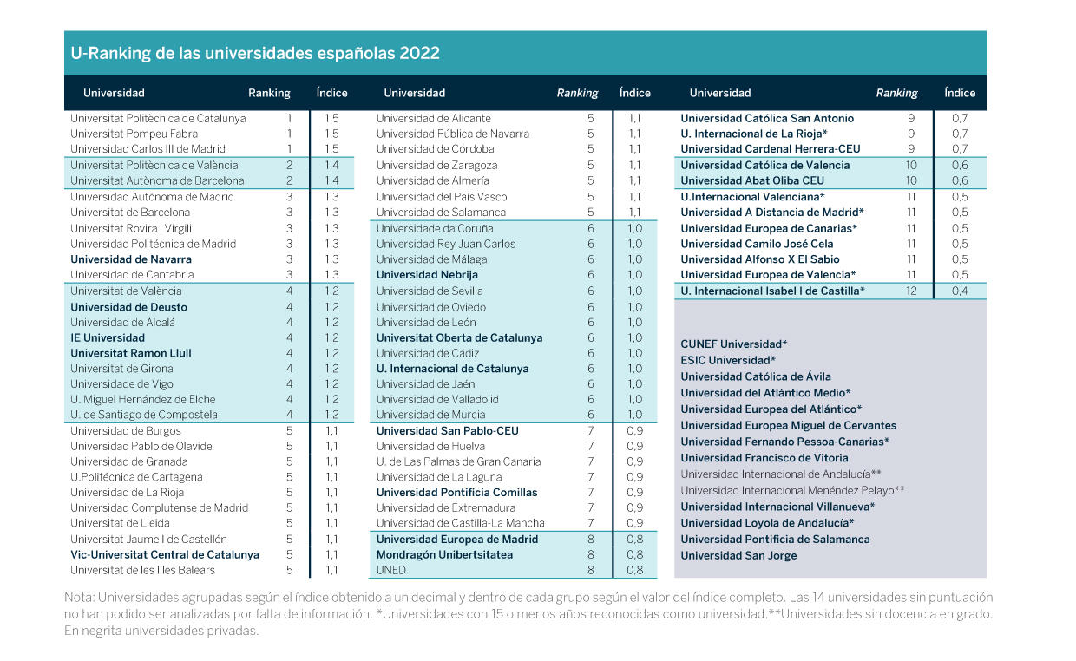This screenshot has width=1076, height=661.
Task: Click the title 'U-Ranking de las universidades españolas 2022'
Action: (x=255, y=53)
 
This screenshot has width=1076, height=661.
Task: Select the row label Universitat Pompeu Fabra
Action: (x=134, y=134)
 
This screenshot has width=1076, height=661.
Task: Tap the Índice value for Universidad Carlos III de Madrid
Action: (x=331, y=149)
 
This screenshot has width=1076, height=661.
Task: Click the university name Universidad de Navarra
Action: (x=131, y=259)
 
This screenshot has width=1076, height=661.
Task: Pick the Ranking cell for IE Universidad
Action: (x=289, y=338)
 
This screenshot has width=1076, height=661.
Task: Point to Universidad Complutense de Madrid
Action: (x=160, y=507)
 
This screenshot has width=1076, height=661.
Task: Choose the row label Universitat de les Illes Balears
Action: (x=142, y=570)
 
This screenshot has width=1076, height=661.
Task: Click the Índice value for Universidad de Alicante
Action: (x=634, y=118)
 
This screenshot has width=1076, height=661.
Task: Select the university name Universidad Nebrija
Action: (x=427, y=275)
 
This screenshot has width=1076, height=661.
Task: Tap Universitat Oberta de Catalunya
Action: (x=459, y=338)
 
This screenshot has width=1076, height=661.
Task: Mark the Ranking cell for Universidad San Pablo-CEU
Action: (x=591, y=430)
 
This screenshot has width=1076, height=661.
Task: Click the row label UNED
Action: (x=391, y=570)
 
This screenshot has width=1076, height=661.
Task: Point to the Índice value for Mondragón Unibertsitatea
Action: (x=634, y=554)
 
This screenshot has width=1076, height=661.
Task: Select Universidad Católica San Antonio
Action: (x=767, y=118)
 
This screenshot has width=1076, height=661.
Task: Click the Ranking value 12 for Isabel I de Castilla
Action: (x=911, y=291)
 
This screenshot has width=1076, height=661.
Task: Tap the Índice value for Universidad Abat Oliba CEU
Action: (x=960, y=180)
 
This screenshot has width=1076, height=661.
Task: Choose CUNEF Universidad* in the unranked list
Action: (x=733, y=344)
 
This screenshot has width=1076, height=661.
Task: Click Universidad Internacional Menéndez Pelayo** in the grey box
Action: (x=792, y=490)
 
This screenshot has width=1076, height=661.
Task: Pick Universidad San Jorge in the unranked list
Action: (x=738, y=555)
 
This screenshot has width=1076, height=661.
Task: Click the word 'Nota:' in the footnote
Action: (x=79, y=598)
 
